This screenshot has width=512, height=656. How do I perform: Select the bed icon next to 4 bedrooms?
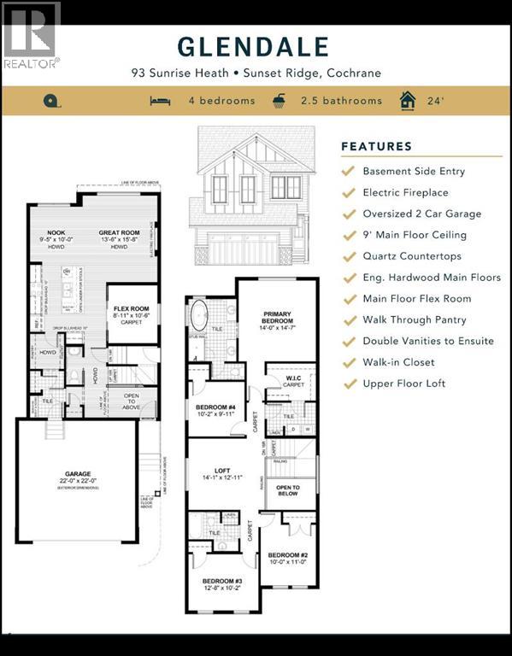pyautogui.click(x=160, y=101)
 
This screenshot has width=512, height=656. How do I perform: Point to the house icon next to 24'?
pyautogui.click(x=408, y=101)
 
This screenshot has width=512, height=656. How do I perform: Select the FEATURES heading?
pyautogui.click(x=376, y=146)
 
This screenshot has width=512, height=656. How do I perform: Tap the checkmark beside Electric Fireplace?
pyautogui.click(x=348, y=192)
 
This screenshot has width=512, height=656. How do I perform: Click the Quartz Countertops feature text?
pyautogui.click(x=411, y=256)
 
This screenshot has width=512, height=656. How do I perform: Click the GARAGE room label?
pyautogui.click(x=78, y=476)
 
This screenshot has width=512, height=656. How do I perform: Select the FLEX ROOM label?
pyautogui.click(x=132, y=309)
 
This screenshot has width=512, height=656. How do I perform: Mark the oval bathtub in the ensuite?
pyautogui.click(x=198, y=315)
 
